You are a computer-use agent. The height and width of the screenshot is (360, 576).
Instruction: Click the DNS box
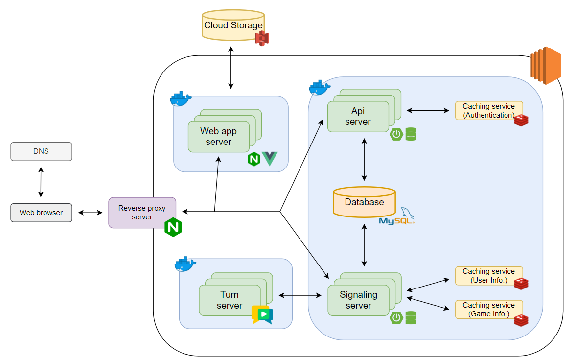click(x=41, y=151)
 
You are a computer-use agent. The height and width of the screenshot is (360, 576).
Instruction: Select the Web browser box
click(x=41, y=213)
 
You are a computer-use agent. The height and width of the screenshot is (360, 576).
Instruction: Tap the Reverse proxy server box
click(x=142, y=213)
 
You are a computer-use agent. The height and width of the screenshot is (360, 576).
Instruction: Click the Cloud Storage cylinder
click(x=233, y=25)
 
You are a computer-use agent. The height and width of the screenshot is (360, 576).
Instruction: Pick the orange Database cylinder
click(x=364, y=202)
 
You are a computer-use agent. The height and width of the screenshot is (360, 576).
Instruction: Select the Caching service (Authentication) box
click(x=488, y=111)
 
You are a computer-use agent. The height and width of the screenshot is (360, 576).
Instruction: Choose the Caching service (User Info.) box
click(x=488, y=276)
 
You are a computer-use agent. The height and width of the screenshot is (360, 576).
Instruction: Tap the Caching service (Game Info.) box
click(x=488, y=309)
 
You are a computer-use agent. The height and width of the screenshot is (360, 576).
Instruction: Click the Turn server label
click(x=230, y=300)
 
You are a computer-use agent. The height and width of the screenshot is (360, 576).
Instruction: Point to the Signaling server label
click(x=359, y=300)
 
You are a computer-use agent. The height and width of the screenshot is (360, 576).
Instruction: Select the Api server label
click(x=358, y=117)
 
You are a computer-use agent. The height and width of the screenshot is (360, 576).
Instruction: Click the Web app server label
click(x=218, y=136)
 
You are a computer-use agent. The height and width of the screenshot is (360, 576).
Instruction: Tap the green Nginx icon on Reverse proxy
click(x=173, y=227)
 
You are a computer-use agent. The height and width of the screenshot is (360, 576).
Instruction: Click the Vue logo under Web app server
click(x=270, y=159)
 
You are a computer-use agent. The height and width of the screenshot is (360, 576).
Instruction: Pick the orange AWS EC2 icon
click(x=545, y=62)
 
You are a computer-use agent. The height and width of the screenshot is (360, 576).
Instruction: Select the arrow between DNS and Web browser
click(x=41, y=182)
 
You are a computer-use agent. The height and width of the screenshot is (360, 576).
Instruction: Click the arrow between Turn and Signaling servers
click(x=300, y=295)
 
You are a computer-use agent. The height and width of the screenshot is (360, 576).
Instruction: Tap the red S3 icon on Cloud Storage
click(x=262, y=38)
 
